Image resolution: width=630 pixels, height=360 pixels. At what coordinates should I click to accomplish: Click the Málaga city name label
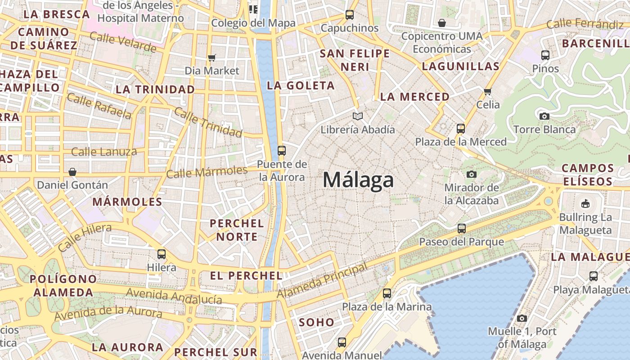coord(358,180)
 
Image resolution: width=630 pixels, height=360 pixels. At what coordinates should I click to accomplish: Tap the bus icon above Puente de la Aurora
coord(282,151)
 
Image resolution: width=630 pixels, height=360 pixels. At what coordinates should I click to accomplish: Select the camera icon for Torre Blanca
coord(544,116)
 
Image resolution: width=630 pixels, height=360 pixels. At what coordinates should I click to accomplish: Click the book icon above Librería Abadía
coord(358,117)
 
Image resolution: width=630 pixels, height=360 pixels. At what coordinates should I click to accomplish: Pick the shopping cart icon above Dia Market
coord(212,58)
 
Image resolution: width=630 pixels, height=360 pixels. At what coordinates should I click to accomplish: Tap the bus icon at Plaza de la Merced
coord(460,129)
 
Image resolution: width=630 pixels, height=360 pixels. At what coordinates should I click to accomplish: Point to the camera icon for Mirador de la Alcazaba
coord(472,174)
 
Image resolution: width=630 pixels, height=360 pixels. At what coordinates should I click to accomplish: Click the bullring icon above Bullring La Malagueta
coord(585,204)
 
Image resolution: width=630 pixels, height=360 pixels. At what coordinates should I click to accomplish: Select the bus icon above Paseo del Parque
coord(461,228)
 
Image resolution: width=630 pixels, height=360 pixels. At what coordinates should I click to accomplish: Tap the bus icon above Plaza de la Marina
coord(387,293)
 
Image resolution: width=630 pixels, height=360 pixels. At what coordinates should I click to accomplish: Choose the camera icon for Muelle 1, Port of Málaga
coord(522,318)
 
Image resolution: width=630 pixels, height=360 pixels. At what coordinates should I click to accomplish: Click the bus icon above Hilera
coord(162,254)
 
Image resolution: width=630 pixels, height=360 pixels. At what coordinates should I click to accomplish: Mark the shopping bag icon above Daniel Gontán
coord(72,171)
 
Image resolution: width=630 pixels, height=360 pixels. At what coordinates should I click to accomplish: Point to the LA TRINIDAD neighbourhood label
coord(155,89)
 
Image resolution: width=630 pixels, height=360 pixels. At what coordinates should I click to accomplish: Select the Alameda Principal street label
coord(322,280)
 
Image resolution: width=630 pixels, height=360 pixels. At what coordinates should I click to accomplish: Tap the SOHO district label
coord(316,322)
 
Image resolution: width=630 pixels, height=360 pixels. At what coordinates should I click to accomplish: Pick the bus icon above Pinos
coord(545,55)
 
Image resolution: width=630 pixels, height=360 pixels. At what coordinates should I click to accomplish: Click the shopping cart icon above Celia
coord(487,91)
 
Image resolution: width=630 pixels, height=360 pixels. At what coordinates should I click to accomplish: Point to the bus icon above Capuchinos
coord(350,15)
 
